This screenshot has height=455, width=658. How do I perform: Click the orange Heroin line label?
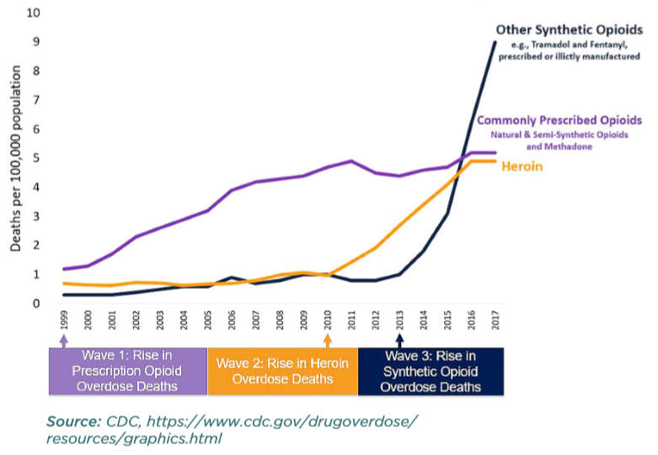click(522, 167)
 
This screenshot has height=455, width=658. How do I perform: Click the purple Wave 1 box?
click(127, 371)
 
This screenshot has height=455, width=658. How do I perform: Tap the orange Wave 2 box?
click(282, 371)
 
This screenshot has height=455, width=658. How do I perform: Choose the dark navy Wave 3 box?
click(431, 371)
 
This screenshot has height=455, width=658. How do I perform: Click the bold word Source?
click(72, 420)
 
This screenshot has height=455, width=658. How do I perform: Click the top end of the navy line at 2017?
click(495, 42)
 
